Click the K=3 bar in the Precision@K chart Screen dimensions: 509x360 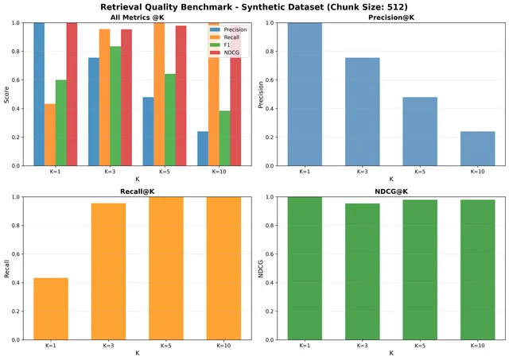coord(363,111)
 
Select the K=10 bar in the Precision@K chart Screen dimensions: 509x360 coord(477,149)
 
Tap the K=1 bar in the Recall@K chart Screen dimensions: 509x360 coord(51,309)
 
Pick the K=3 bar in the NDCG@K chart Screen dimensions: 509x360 coord(363,272)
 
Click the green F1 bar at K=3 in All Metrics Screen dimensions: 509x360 coord(115,106)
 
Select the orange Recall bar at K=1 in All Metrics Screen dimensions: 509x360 coord(50,135)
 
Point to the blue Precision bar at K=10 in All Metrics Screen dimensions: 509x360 coord(203,149)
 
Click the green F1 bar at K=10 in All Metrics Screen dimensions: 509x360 coord(224,138)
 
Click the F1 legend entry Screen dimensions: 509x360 coord(220,45)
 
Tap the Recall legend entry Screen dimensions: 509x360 coord(224,37)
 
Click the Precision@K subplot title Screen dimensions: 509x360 coord(391,17)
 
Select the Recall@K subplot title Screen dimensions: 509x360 coord(138,192)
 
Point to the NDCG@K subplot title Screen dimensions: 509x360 coord(391,192)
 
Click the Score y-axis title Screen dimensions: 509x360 coord(6,95)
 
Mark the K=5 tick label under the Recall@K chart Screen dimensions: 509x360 coord(166,346)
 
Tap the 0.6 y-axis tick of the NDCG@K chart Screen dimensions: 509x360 coord(270,254)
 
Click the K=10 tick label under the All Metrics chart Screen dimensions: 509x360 coord(220,172)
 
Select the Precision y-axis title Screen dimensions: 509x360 coord(261,95)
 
